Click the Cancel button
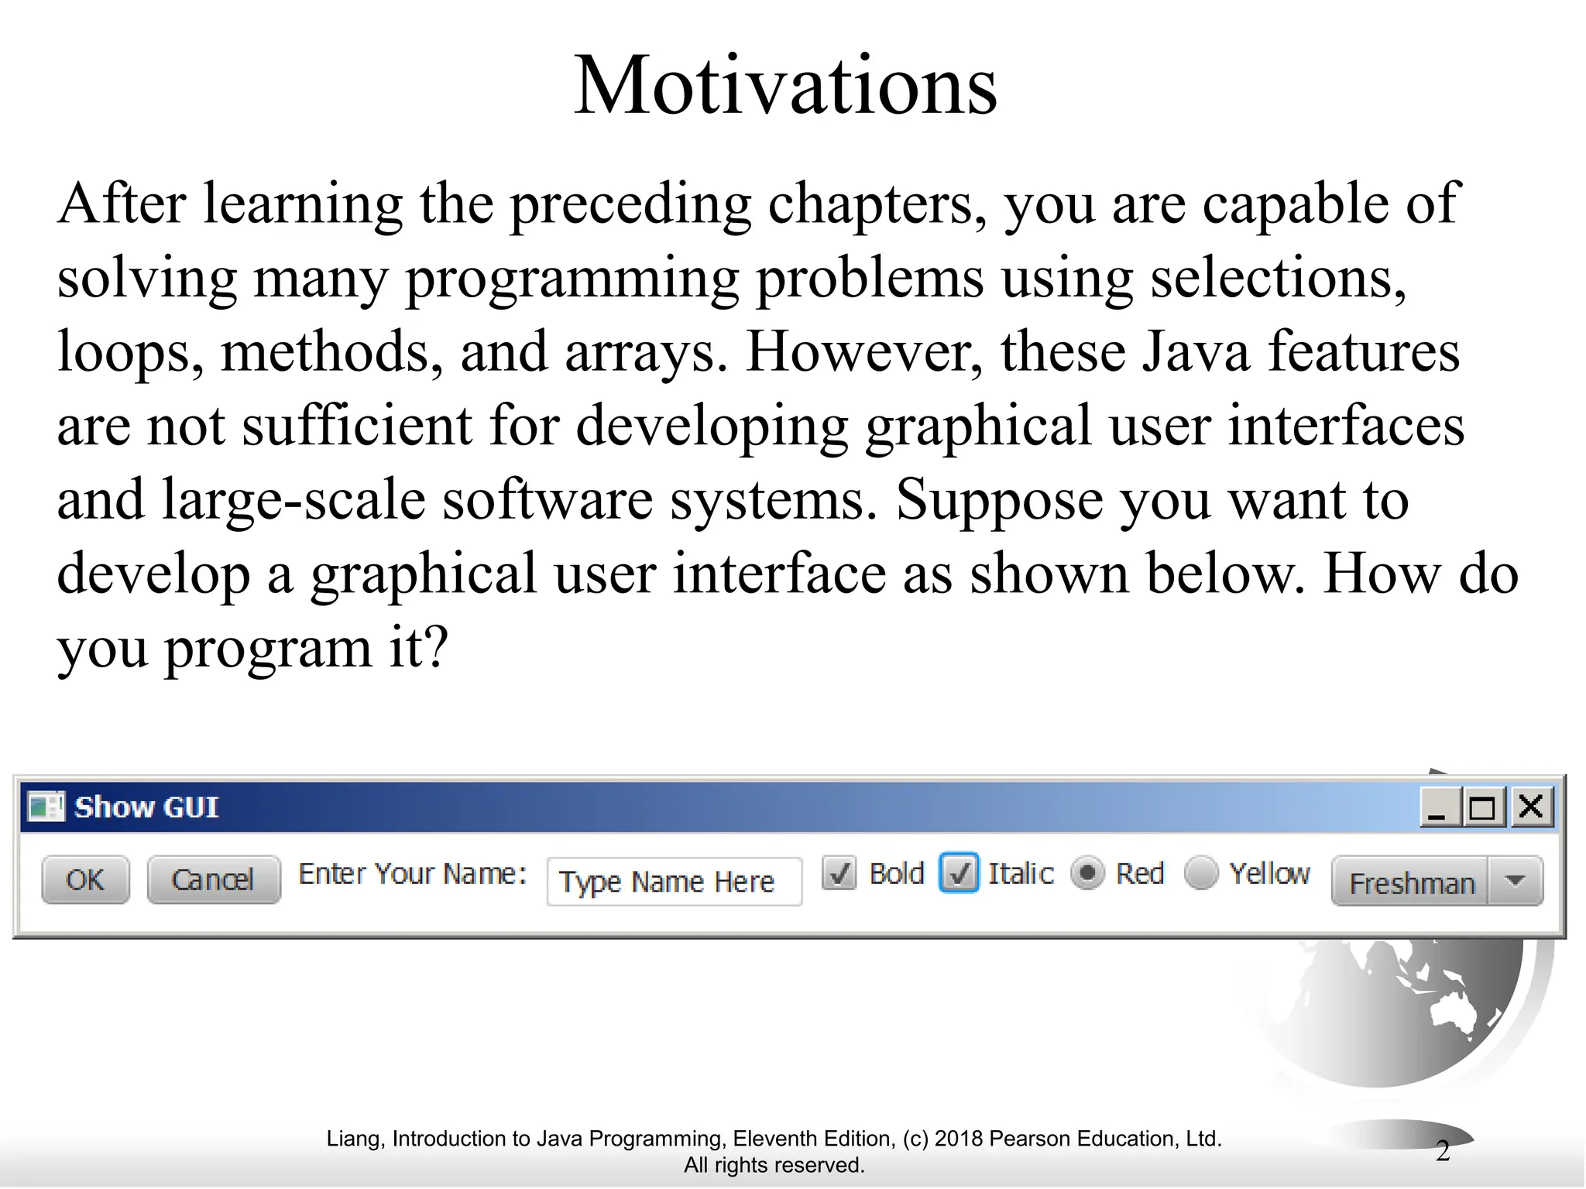coord(213,879)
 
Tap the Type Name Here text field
coord(674,882)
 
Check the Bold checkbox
coord(839,874)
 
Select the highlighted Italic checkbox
coord(959,874)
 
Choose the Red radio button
coord(1087,874)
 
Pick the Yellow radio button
coord(1200,874)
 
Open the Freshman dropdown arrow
coord(1515,881)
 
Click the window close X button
coord(1531,807)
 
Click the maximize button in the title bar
coord(1482,807)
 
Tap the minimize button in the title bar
coord(1437,807)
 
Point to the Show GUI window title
coord(146,807)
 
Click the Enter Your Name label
coord(413,874)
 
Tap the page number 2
coord(1442,1151)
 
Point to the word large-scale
coord(294,500)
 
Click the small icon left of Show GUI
coord(46,807)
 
